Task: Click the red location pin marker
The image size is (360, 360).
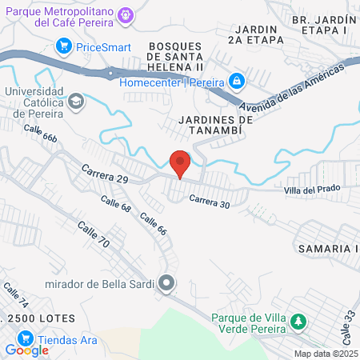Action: (x=181, y=163)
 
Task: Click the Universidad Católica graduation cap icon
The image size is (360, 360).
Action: (x=75, y=101)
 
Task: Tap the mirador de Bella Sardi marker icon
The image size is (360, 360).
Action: (x=166, y=283)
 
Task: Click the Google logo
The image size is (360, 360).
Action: (x=26, y=350)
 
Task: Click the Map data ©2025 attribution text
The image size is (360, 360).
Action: (x=325, y=353)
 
